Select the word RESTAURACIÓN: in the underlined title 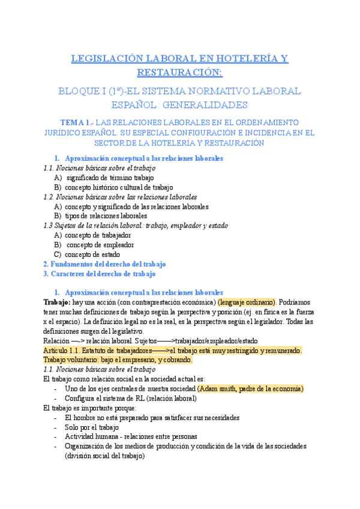click(x=179, y=73)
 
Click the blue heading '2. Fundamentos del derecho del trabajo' click(x=104, y=264)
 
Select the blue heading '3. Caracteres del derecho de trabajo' click(x=100, y=273)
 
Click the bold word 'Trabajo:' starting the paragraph click(x=57, y=302)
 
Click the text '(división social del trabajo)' click(x=105, y=456)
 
